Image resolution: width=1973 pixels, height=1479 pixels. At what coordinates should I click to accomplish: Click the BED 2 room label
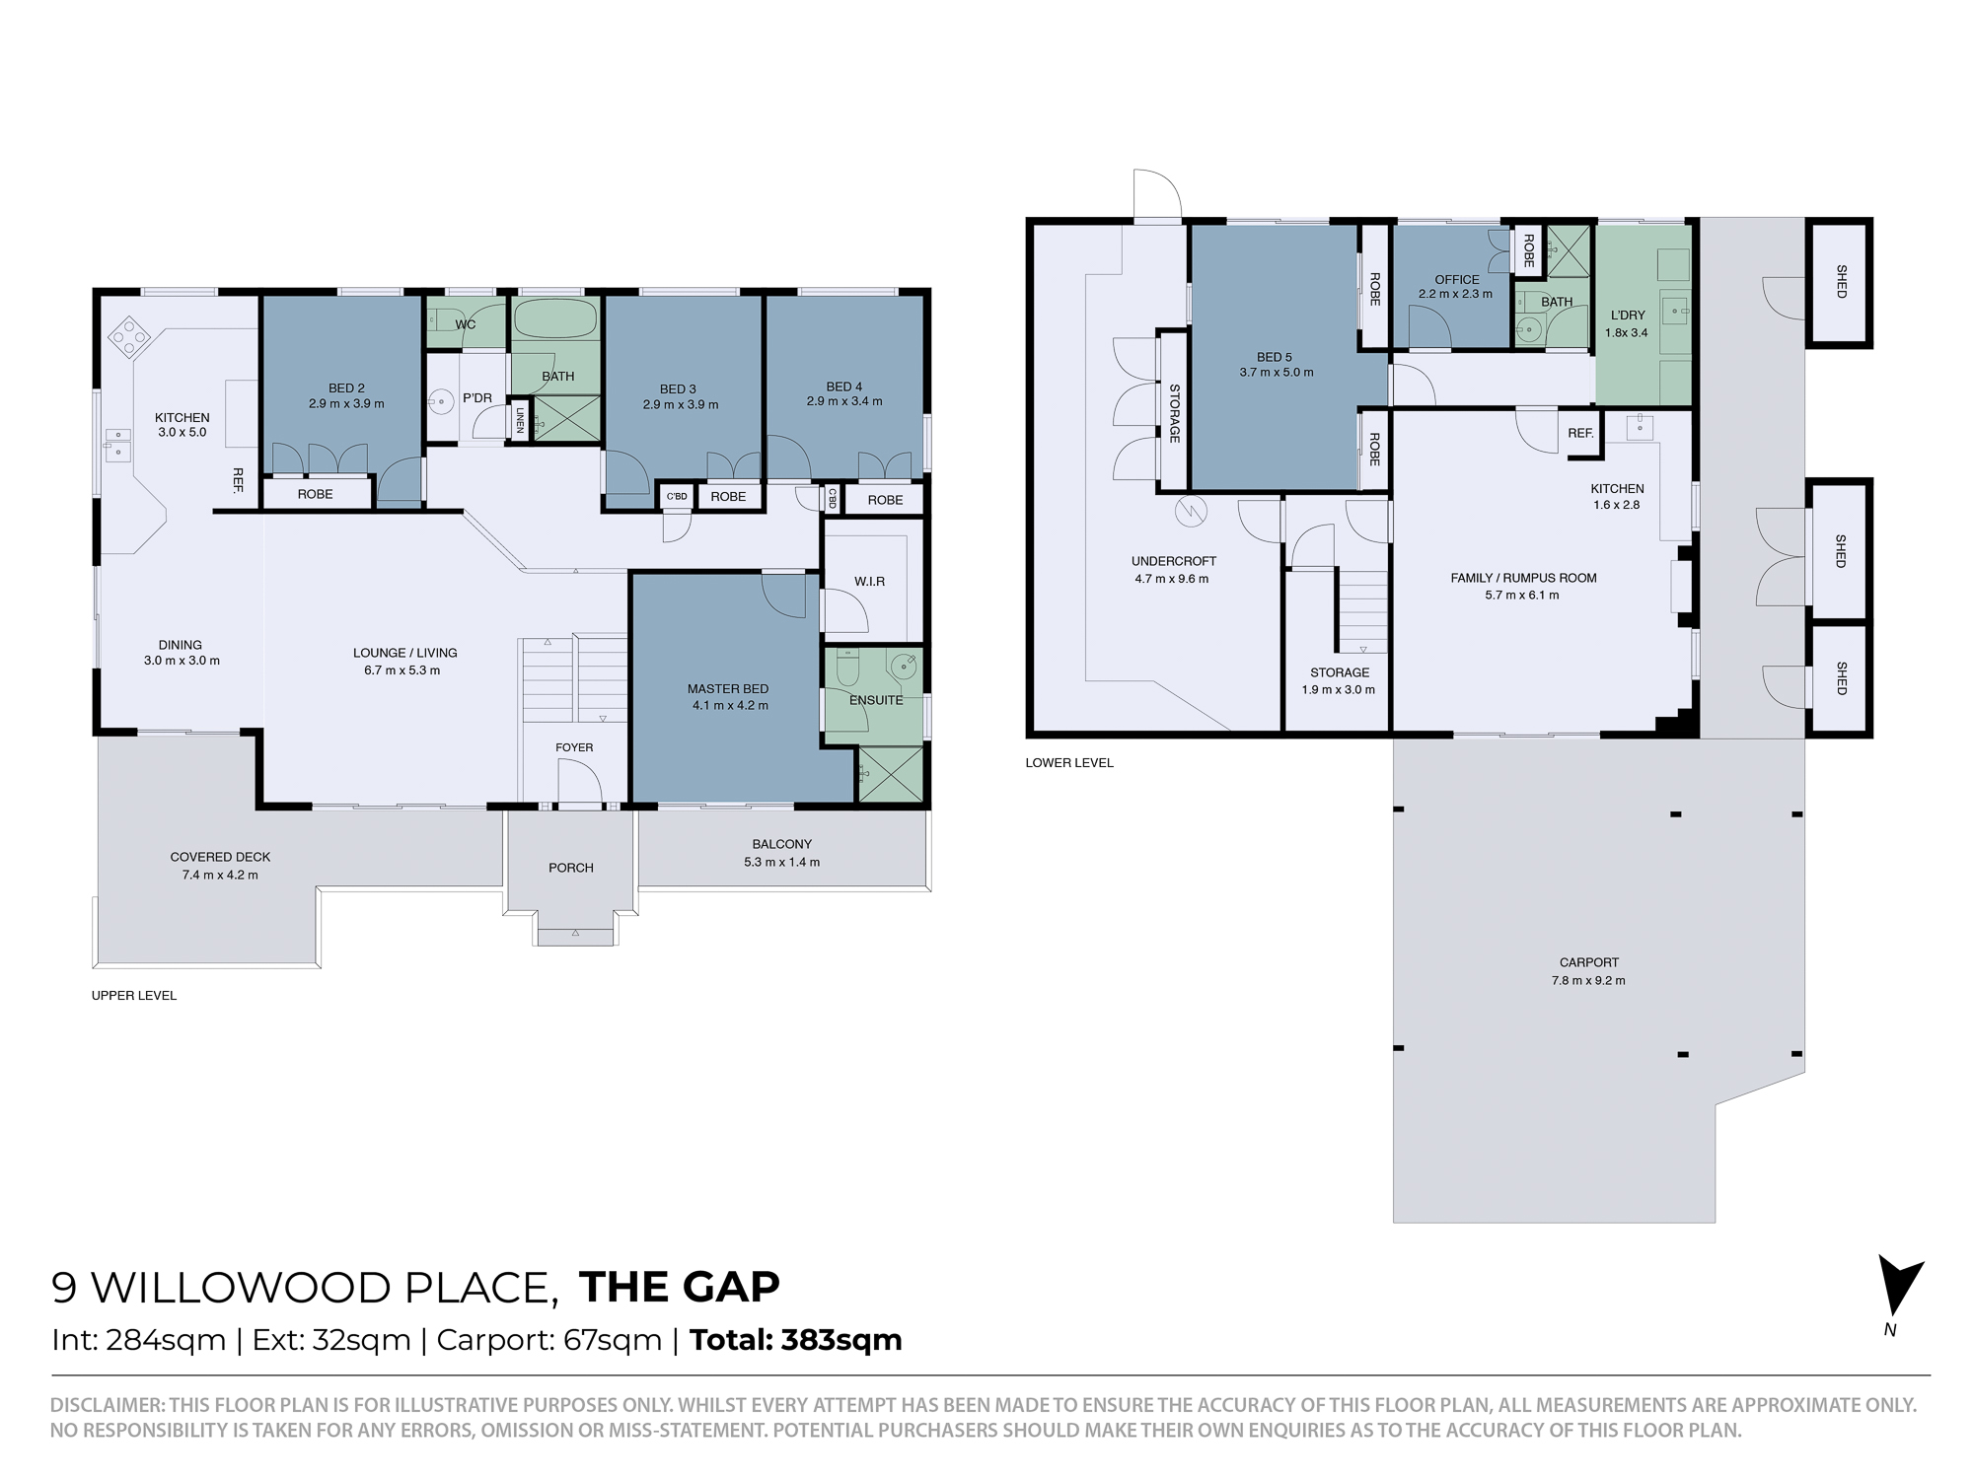click(346, 388)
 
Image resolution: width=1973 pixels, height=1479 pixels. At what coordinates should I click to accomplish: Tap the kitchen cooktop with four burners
click(127, 338)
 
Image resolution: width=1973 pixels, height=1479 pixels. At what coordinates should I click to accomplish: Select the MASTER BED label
click(728, 689)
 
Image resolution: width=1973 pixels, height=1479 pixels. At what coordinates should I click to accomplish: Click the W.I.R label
click(869, 582)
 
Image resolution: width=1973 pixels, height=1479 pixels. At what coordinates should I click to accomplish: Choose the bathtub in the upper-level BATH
click(555, 320)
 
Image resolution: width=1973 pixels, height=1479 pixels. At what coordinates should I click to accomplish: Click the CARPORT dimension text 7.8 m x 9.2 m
click(1588, 980)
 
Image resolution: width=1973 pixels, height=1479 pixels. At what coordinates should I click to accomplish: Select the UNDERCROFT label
click(1173, 562)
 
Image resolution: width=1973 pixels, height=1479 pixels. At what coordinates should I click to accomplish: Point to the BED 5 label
click(1275, 357)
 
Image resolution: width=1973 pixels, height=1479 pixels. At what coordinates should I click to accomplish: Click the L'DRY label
click(1628, 316)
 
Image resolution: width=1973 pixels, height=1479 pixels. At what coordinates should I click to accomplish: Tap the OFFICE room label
click(1457, 280)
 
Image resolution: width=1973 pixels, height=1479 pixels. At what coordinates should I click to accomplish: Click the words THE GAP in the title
click(680, 1287)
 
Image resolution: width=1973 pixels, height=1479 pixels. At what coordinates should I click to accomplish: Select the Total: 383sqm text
click(796, 1340)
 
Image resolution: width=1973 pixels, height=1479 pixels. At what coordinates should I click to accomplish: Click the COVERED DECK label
click(220, 857)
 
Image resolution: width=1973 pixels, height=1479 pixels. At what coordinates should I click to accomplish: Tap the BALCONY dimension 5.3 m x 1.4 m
click(781, 862)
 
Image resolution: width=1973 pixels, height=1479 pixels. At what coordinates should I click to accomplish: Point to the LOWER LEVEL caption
click(1069, 762)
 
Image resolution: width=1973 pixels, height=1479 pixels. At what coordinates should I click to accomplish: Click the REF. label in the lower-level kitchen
click(1580, 433)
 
